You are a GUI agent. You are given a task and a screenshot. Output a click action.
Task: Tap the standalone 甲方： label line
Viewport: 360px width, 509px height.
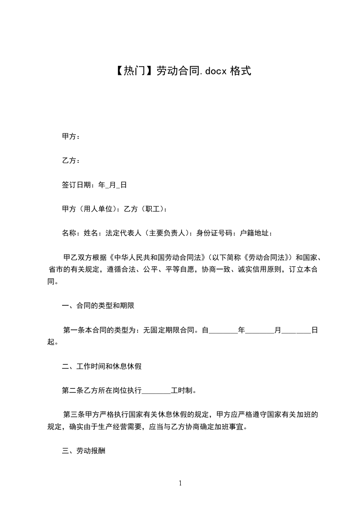(71, 136)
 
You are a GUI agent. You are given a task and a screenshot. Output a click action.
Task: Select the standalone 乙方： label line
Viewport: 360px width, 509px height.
(71, 161)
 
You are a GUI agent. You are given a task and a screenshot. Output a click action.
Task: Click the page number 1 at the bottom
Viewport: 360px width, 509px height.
(180, 484)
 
